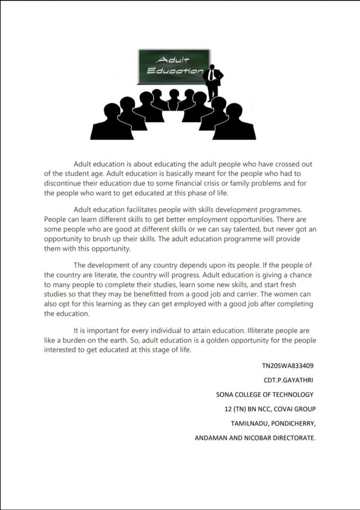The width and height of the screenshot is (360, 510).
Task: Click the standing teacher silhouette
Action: point(213,82)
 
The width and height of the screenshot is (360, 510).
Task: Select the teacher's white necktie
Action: point(213,75)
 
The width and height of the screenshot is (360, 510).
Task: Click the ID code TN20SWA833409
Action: point(288,366)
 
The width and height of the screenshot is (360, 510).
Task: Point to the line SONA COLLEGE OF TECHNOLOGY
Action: point(265,394)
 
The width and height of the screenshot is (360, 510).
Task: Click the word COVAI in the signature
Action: point(285,409)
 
